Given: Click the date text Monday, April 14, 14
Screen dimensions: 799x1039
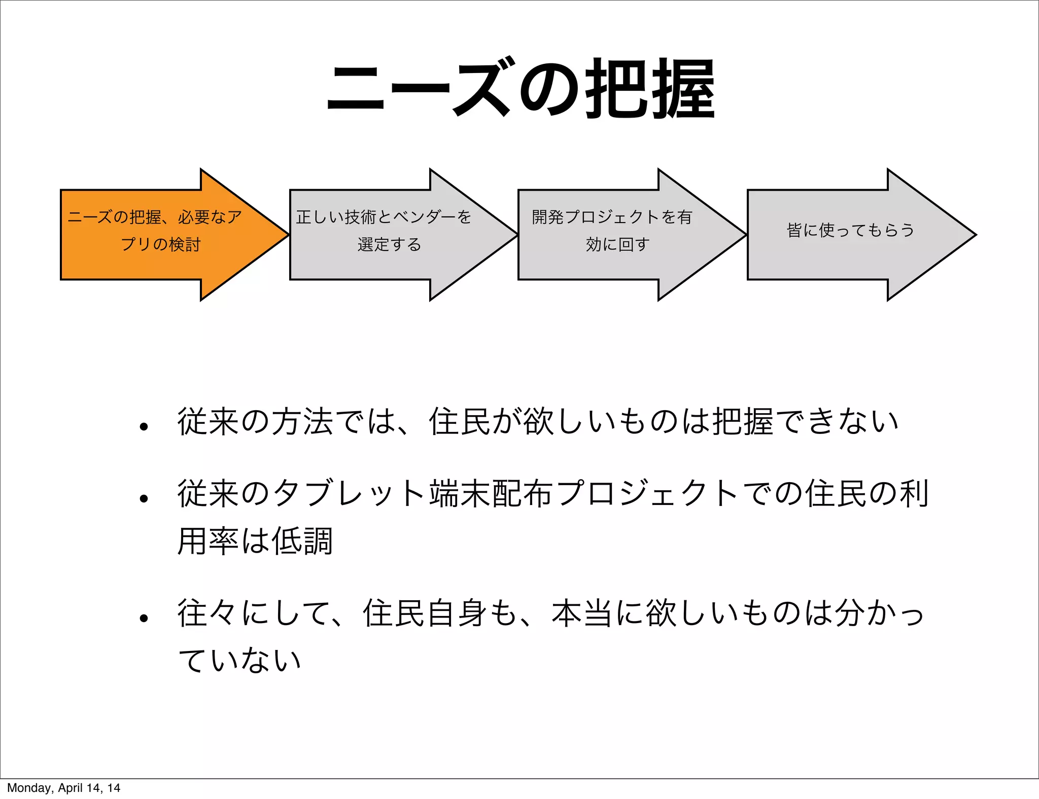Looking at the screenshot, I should [x=63, y=788].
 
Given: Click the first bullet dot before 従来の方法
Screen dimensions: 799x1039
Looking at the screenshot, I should [x=144, y=427].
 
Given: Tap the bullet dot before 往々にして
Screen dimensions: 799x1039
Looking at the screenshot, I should [x=144, y=619].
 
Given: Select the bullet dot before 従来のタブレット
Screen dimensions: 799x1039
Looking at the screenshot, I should [x=144, y=499].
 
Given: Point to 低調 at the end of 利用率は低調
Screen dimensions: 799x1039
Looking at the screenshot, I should [x=302, y=541].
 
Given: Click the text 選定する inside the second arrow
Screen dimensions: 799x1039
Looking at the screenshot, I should [x=389, y=245].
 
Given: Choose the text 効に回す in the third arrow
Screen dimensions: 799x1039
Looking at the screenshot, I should [x=617, y=245].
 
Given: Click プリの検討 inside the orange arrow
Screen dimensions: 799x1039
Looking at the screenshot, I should [x=161, y=245].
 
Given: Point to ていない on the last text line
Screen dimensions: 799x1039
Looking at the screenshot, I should [x=239, y=661].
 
